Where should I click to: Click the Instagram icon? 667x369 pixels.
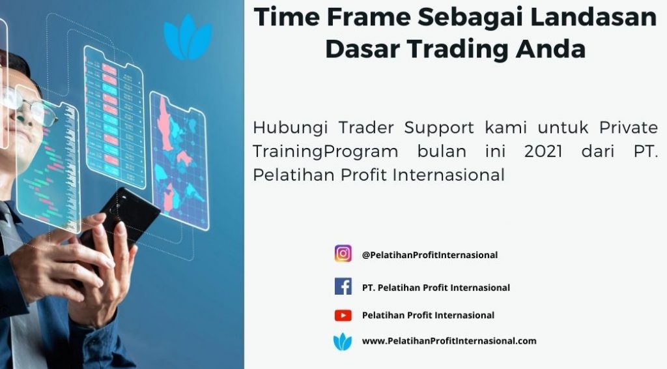343,253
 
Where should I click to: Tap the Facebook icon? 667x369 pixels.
343,286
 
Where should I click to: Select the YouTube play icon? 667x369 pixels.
343,316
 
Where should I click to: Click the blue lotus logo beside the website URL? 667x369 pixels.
343,342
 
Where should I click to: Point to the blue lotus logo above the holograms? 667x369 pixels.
188,37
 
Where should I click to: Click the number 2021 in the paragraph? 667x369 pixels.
543,151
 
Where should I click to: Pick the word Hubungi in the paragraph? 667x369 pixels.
291,128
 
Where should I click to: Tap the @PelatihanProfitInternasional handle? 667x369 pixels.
430,255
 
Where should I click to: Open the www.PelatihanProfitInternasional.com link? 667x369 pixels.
449,341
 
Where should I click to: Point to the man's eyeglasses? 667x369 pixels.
27,104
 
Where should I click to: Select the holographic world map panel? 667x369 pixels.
179,161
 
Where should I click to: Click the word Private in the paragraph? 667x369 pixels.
629,127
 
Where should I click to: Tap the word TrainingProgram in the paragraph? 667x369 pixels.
326,152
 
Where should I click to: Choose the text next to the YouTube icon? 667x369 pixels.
428,316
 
